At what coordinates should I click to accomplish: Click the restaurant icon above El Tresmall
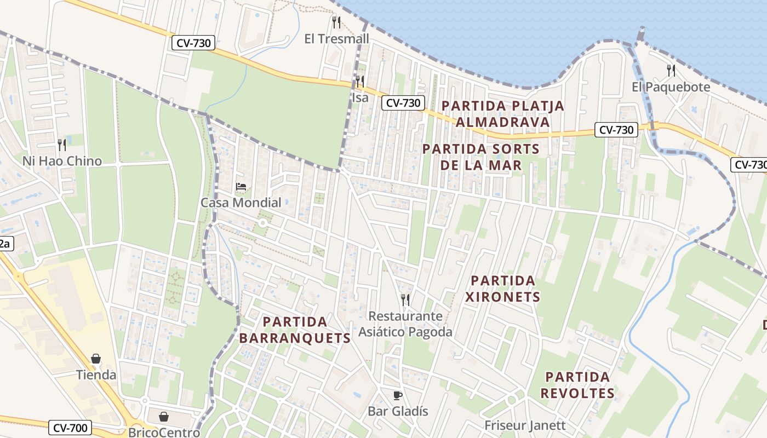coord(336,22)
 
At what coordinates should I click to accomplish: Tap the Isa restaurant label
coord(360,97)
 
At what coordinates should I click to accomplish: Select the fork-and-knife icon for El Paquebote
coord(671,70)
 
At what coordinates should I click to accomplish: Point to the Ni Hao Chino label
coord(62,161)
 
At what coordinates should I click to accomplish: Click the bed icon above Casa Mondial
coord(241,187)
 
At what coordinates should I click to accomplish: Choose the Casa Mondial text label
coord(241,203)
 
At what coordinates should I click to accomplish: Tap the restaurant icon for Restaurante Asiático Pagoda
coord(405,299)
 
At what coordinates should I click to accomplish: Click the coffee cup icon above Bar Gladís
coord(398,395)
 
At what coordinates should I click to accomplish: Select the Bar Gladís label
coord(398,411)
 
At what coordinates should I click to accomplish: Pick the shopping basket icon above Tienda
coord(96,359)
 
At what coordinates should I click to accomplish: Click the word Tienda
coord(96,375)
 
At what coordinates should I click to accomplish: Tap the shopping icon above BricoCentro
coord(164,417)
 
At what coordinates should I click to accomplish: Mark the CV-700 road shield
coord(70,428)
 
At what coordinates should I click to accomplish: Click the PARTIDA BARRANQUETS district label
coord(295,330)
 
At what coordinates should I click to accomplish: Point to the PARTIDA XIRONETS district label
coord(502,289)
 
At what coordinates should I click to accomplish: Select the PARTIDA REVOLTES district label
coord(577,385)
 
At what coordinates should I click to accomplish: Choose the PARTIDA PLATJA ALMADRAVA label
coord(502,113)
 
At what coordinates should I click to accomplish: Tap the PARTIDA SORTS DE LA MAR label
coord(480,157)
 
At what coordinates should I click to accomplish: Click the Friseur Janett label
coord(525,425)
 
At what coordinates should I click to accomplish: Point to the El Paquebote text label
coord(671,87)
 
